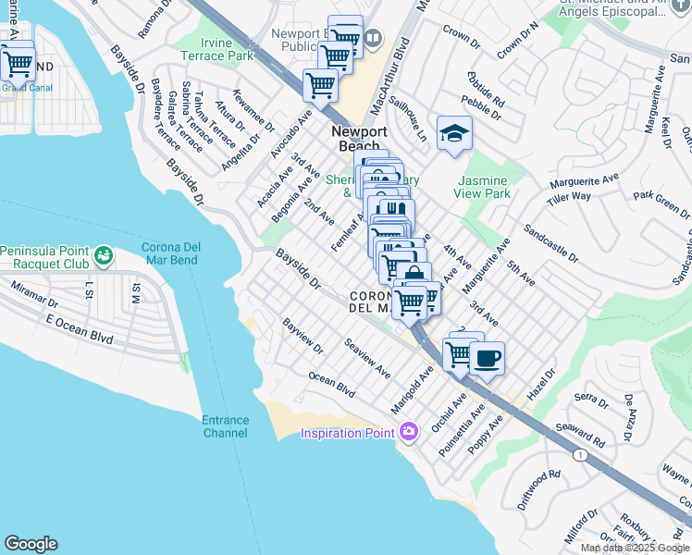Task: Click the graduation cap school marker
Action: [454, 135]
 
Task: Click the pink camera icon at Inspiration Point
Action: [409, 431]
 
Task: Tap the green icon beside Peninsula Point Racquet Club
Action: [103, 253]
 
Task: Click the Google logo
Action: [31, 544]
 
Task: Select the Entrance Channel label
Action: [225, 426]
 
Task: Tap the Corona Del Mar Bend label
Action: [179, 253]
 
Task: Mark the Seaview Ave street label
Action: [367, 358]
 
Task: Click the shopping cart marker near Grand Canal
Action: [18, 65]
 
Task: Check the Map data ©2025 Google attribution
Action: [636, 548]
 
